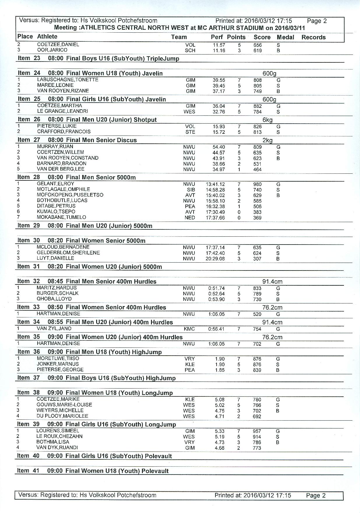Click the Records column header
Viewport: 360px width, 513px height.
pos(313,37)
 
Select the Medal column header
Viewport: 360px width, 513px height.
pos(285,37)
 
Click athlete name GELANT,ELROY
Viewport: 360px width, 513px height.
pos(55,184)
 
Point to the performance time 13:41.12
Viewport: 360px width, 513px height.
pos(215,184)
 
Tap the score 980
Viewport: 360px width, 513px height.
pos(257,184)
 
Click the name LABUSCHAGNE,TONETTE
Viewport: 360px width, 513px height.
pos(68,80)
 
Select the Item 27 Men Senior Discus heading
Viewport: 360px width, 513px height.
pos(77,140)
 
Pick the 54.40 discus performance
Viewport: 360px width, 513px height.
pos(219,147)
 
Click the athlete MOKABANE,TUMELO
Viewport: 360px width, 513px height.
pos(61,217)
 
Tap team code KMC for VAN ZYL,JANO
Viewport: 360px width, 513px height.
pos(189,329)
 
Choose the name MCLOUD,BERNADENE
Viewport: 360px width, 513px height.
pos(63,247)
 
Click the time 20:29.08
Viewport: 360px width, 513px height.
pos(215,259)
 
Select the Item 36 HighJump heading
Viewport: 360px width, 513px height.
pos(89,352)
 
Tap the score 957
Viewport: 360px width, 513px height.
pos(257,431)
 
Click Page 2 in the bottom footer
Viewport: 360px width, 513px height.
pos(315,496)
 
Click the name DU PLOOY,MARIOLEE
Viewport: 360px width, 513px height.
pos(62,416)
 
